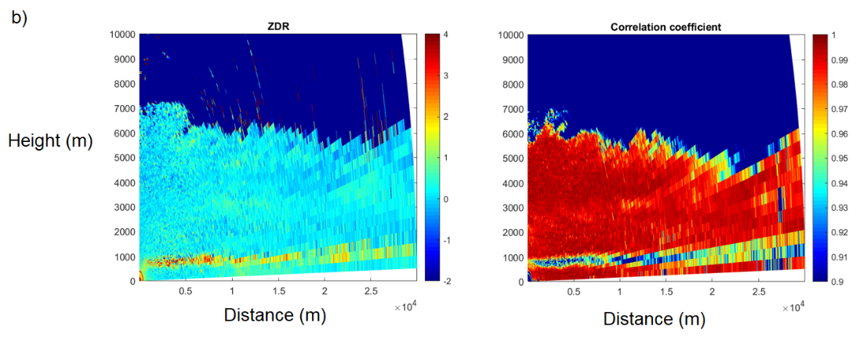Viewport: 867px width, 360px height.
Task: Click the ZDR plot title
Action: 278,27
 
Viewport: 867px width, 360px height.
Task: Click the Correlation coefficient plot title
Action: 666,27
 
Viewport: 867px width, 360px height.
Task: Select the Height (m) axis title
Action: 51,141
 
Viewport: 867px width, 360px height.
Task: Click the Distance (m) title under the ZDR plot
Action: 274,315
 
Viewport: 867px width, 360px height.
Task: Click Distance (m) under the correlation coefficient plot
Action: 654,319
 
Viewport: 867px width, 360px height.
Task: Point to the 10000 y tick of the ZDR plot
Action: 122,35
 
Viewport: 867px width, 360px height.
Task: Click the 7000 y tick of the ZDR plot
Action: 124,108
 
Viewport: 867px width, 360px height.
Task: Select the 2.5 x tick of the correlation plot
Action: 758,292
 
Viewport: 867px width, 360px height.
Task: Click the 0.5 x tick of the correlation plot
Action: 574,292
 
